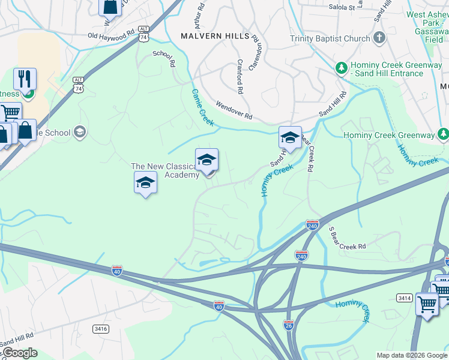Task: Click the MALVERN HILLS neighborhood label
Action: point(215,36)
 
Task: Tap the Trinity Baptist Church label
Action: point(330,39)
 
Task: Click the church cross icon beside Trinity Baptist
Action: point(379,39)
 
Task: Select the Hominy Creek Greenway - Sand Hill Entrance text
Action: point(387,69)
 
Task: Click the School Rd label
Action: point(163,54)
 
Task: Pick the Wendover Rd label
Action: point(234,109)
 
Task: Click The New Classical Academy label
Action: point(165,170)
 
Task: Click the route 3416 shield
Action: point(100,329)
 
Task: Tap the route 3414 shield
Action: point(404,298)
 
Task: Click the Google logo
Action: point(19,353)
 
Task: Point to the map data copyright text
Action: point(412,355)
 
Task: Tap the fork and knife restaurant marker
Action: point(25,78)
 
